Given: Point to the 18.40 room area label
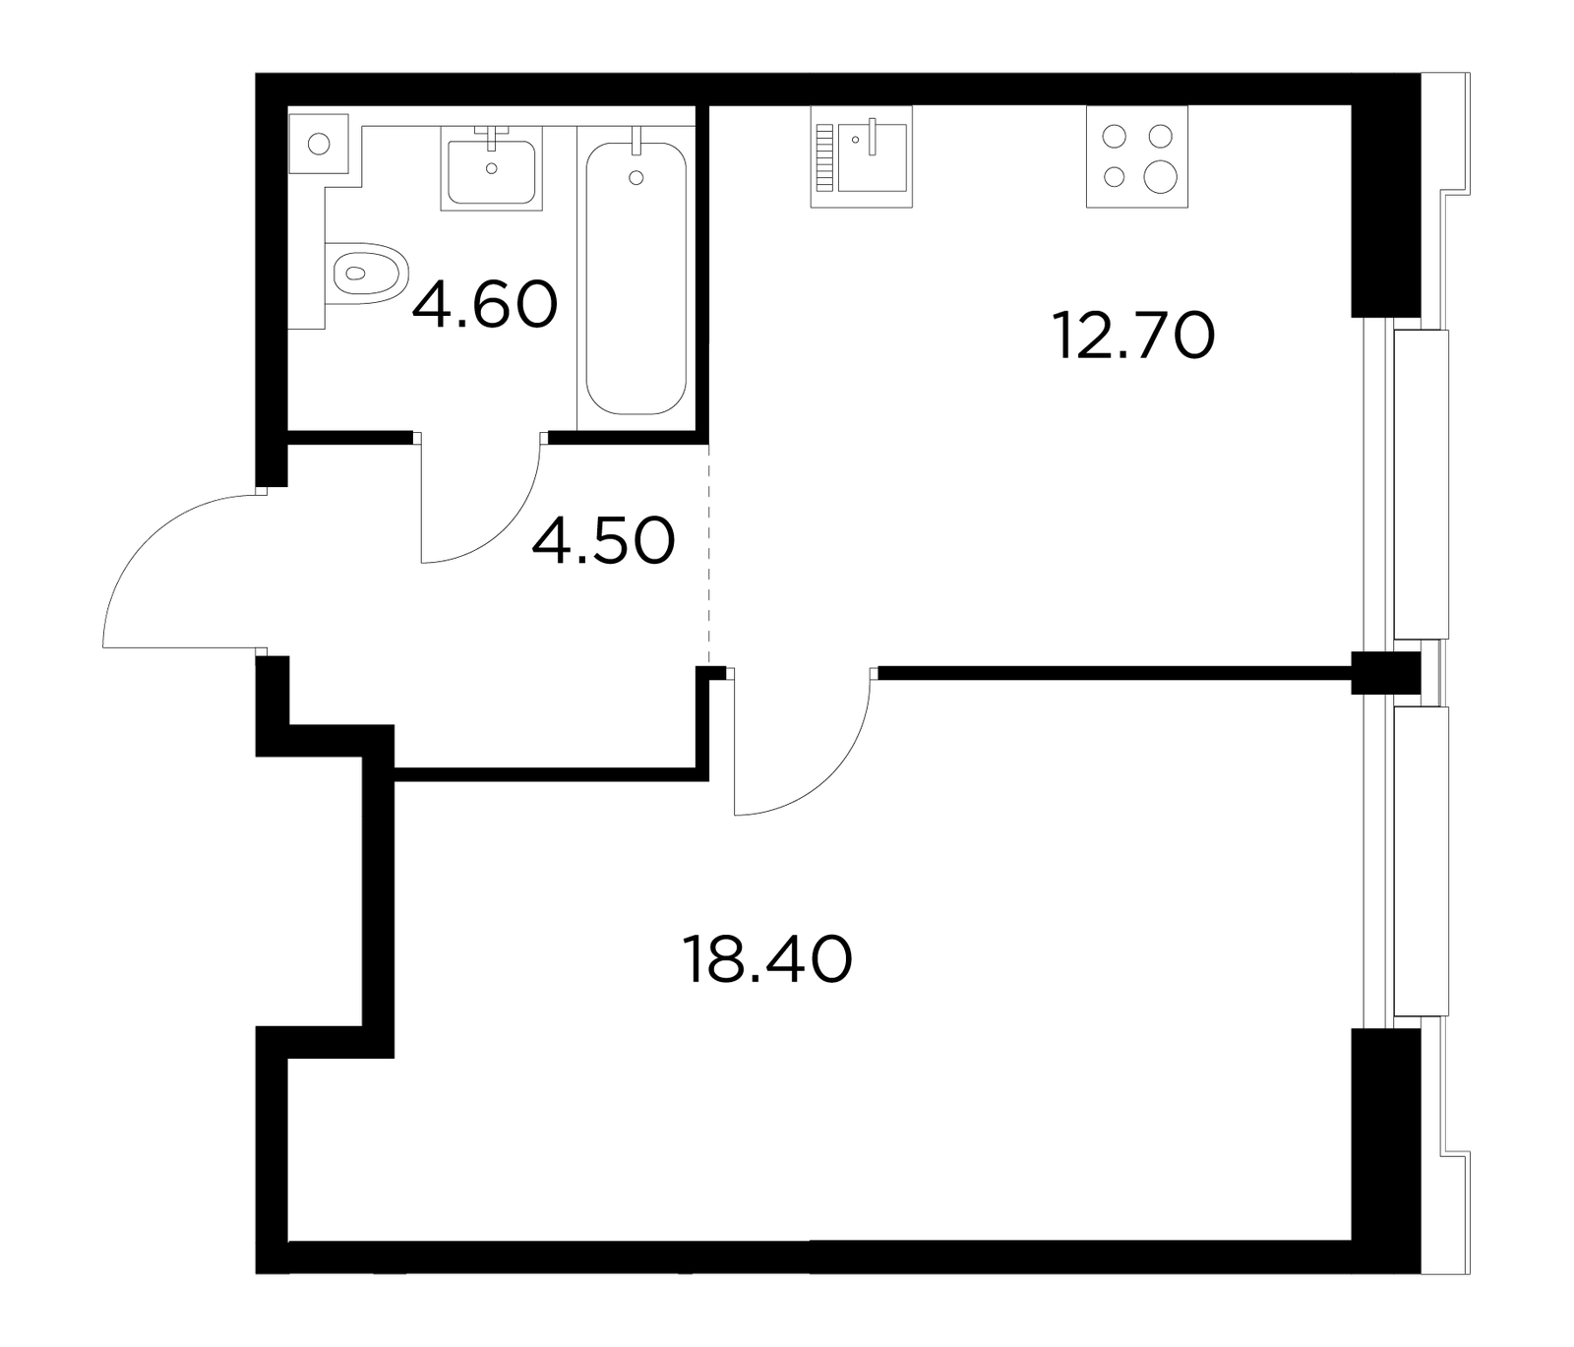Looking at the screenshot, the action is [x=766, y=959].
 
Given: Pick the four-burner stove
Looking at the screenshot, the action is [x=1137, y=156].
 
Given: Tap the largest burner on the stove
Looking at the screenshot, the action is [x=1161, y=176].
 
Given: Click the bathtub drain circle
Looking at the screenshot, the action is [x=636, y=178].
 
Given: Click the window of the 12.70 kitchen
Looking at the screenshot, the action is [x=1421, y=484].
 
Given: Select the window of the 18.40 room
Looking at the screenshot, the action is [x=1421, y=861].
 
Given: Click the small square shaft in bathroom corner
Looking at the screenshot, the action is [x=318, y=144].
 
